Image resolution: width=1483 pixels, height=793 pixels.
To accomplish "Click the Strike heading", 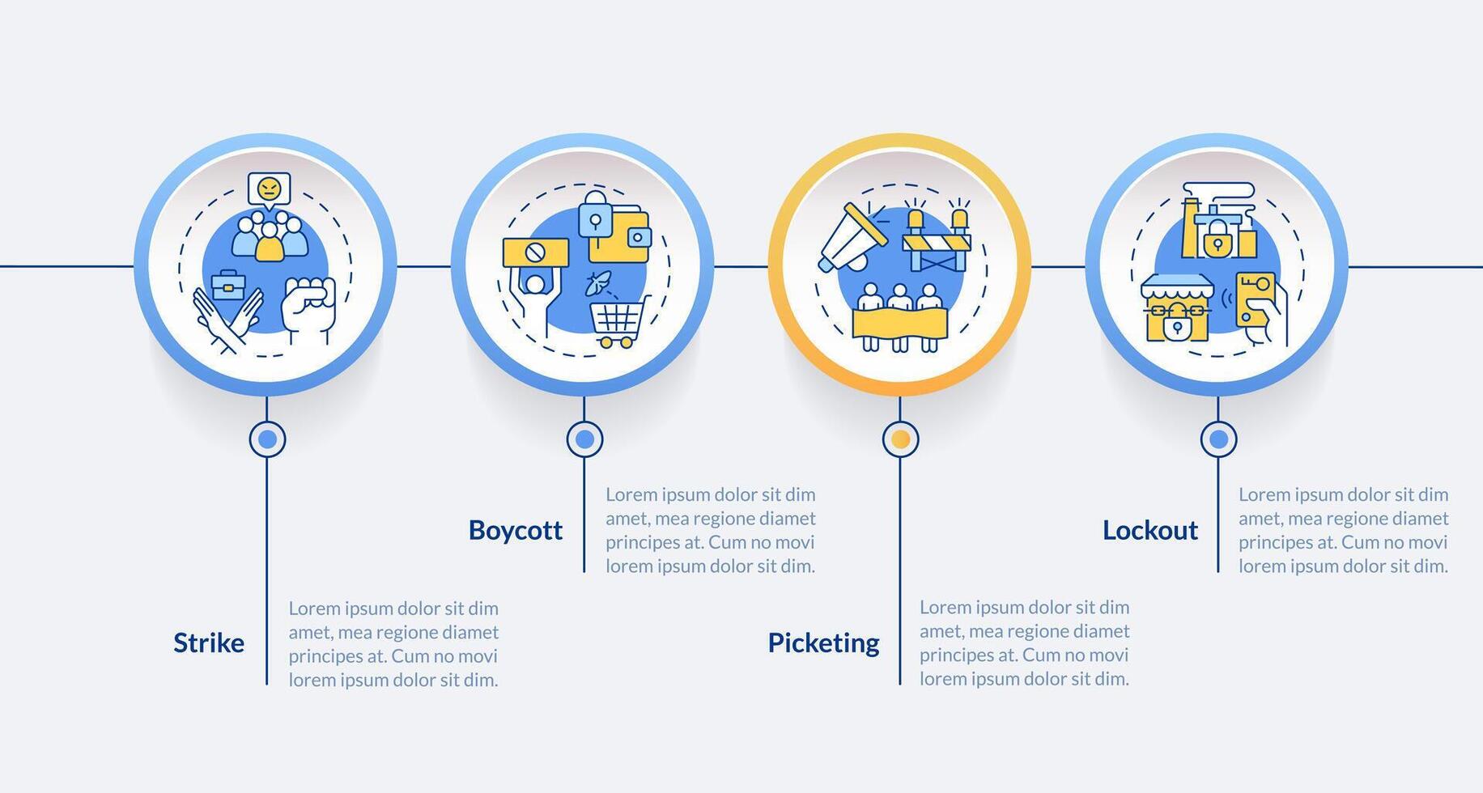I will point(209,642).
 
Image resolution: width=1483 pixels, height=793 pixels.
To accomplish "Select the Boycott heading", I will point(515,530).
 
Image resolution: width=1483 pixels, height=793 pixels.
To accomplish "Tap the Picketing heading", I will point(823,642).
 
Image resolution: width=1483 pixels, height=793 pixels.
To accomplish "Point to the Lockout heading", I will point(1149,530).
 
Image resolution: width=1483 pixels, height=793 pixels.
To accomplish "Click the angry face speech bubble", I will point(269,189).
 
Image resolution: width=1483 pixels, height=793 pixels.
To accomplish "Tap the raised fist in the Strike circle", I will point(308,309).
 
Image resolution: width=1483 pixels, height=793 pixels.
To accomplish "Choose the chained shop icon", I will point(1177,307).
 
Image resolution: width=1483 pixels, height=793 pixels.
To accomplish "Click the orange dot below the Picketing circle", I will point(900,439).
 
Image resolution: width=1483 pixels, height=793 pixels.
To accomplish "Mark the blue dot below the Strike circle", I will point(267,439).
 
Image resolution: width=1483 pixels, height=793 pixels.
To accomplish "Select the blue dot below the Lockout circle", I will point(1218,439).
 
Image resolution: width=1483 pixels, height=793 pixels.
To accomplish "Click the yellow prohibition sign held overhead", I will point(535,252).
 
